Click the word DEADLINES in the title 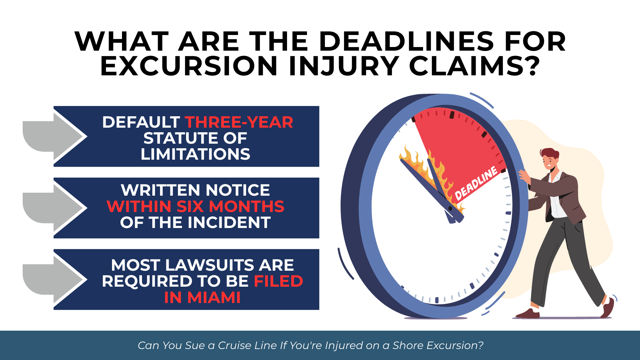406,42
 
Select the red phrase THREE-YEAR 239,122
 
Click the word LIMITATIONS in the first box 195,154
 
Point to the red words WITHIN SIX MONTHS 195,206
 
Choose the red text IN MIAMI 202,297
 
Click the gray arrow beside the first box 54,136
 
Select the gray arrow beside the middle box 54,208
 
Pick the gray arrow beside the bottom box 54,279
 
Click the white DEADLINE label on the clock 476,184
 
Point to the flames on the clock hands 430,173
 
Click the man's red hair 549,154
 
